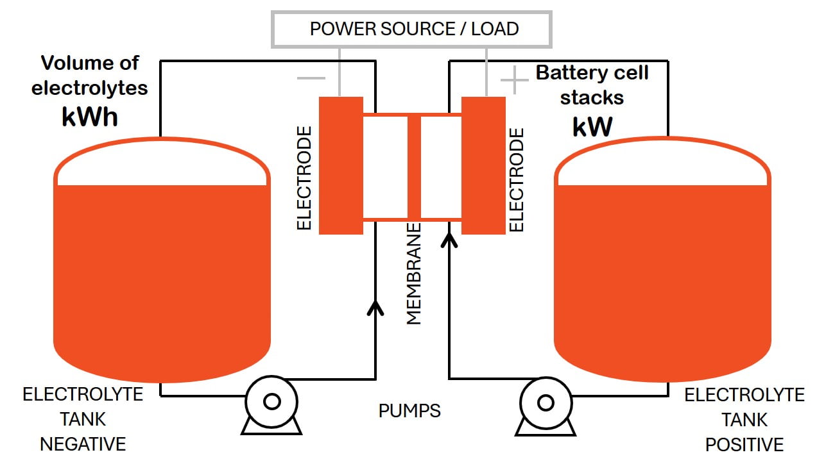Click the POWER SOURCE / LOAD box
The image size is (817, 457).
[412, 29]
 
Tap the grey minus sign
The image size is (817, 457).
[311, 78]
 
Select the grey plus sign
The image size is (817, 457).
[513, 81]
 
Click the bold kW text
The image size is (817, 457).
[592, 127]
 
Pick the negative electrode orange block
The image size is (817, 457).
[341, 165]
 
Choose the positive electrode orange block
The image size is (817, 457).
[483, 165]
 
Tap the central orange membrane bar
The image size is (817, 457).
[414, 167]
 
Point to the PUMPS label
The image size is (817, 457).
[409, 411]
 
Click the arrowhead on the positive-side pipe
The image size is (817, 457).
[449, 239]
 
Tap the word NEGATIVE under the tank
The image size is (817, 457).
[83, 444]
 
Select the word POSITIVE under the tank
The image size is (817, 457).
[744, 444]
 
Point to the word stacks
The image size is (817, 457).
[592, 98]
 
